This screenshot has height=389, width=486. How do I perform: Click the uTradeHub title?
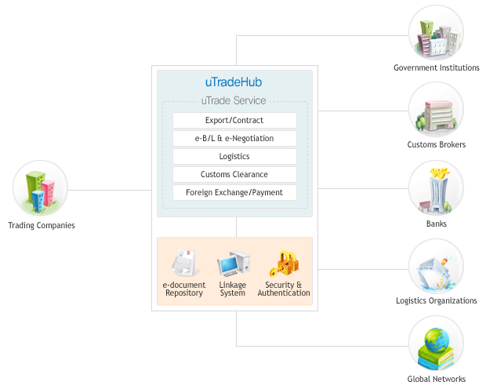point(234,82)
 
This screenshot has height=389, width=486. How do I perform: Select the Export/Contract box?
point(234,121)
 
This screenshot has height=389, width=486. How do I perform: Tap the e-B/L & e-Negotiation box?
point(234,139)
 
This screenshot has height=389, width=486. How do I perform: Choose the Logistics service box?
point(234,157)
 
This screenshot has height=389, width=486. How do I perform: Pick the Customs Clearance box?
point(234,175)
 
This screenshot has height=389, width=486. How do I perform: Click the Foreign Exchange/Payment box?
point(234,193)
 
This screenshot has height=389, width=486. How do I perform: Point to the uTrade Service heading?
point(234,100)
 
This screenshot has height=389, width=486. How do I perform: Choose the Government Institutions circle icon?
point(436,33)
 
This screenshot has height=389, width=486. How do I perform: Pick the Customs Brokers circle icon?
point(436,111)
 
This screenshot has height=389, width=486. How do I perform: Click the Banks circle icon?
point(436,189)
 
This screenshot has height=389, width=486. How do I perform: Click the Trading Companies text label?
point(42,226)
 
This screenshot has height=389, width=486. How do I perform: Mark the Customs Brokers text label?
point(437,145)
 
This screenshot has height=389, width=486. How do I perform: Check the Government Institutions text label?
point(437,68)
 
